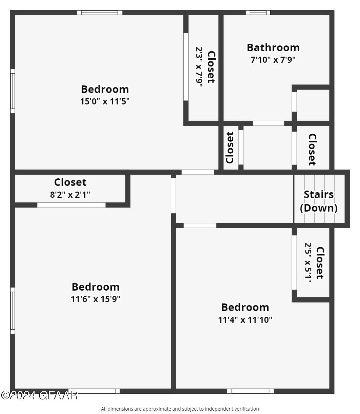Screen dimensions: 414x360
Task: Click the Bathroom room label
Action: pos(273,47)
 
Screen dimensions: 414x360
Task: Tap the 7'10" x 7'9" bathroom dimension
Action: pos(273,60)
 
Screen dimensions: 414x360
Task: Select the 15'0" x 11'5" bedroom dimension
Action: pos(105,101)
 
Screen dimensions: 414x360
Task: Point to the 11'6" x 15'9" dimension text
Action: pos(96,299)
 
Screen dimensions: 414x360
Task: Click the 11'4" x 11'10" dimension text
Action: pos(245,319)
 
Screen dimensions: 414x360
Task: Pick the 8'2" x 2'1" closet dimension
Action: pos(70,195)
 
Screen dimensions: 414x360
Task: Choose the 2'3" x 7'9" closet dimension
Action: pos(199,67)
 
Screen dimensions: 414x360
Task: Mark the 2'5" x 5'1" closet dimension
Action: pos(308,262)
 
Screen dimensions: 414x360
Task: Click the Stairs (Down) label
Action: pos(319,201)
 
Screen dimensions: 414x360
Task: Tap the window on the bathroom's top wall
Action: pos(258,13)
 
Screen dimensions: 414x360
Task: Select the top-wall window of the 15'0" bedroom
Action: pos(100,13)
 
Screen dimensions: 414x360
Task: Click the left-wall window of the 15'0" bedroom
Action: pos(13,91)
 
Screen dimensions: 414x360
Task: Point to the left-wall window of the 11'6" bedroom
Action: pos(13,311)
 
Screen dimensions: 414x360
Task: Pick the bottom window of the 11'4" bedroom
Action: pos(250,391)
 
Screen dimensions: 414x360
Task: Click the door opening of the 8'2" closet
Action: pos(71,205)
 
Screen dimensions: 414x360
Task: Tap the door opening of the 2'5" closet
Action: pos(294,262)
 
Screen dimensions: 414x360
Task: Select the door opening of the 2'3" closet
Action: pos(186,66)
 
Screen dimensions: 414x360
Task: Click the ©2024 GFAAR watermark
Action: pos(39,395)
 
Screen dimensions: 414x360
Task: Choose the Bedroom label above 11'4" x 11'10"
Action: pos(245,307)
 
